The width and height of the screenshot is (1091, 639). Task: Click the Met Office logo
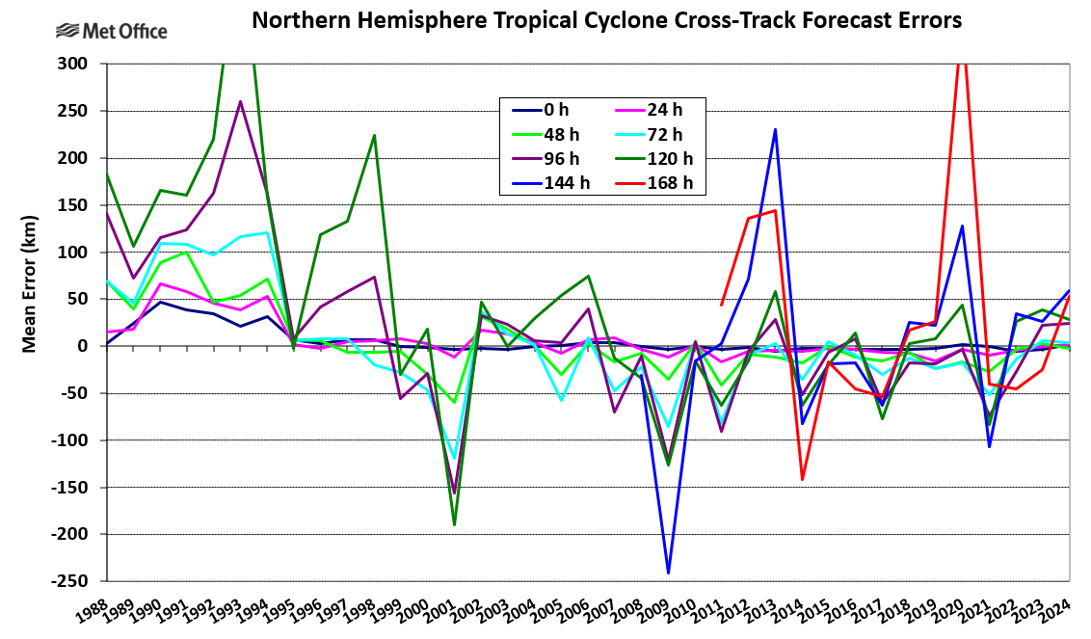111,32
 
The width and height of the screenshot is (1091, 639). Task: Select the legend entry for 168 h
655,182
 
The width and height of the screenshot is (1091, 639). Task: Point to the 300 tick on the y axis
74,64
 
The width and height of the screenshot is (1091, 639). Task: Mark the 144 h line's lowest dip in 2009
668,573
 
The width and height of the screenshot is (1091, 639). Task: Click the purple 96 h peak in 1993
240,101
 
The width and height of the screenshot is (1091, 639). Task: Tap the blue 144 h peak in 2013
775,129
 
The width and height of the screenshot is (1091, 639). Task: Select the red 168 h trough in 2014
802,479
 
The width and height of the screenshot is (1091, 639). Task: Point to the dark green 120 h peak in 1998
374,135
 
